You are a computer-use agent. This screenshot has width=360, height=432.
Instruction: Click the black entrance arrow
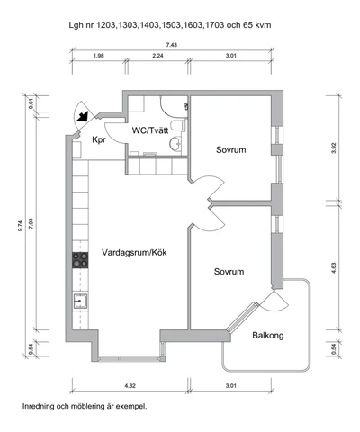pyautogui.click(x=83, y=116)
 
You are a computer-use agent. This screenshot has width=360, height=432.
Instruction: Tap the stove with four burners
pyautogui.click(x=80, y=260)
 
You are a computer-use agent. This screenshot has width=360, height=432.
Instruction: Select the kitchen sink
pyautogui.click(x=81, y=301)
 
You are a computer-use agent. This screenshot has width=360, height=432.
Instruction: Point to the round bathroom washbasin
pyautogui.click(x=175, y=144)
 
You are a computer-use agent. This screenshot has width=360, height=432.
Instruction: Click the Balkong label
pyautogui.click(x=268, y=335)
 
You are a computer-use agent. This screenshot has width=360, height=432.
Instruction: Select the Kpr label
pyautogui.click(x=99, y=139)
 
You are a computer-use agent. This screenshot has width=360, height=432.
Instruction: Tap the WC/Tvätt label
pyautogui.click(x=150, y=130)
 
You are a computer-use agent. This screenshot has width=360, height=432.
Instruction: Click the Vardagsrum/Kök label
pyautogui.click(x=134, y=252)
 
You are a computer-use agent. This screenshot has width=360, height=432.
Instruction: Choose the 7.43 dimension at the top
pyautogui.click(x=172, y=45)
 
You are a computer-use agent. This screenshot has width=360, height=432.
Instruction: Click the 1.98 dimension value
pyautogui.click(x=98, y=56)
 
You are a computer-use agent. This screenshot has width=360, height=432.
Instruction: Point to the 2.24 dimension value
pyautogui.click(x=157, y=56)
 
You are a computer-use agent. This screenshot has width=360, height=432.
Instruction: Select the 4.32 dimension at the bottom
pyautogui.click(x=130, y=385)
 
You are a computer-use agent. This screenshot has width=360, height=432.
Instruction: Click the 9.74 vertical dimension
pyautogui.click(x=21, y=226)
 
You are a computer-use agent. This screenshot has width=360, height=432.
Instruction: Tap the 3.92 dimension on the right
pyautogui.click(x=334, y=148)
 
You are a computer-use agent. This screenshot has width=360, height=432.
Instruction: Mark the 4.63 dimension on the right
pyautogui.click(x=334, y=268)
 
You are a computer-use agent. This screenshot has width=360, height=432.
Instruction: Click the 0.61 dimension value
pyautogui.click(x=31, y=103)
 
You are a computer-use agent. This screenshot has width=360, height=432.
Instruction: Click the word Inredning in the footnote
pyautogui.click(x=39, y=407)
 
